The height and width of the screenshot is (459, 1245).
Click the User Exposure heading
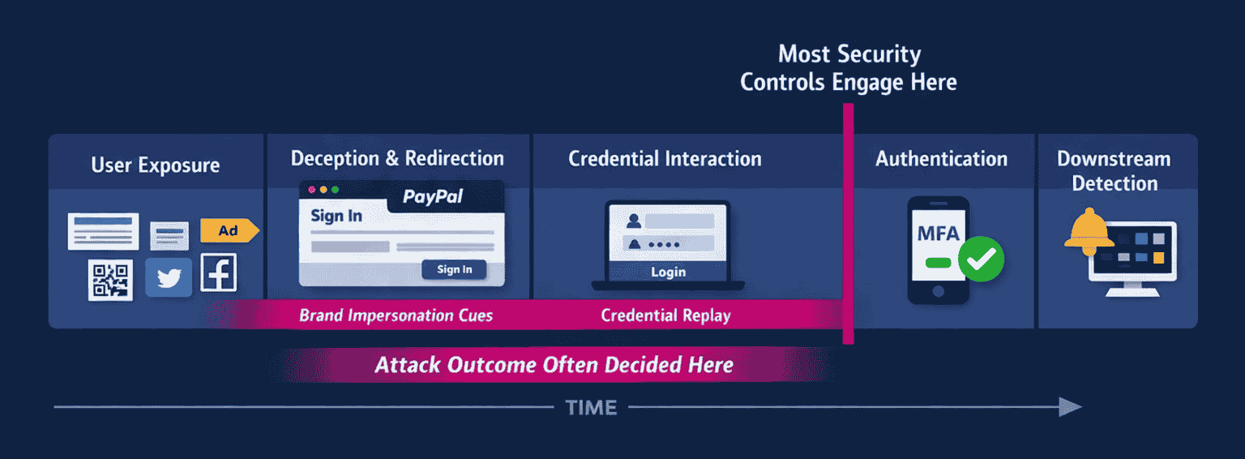point(155,165)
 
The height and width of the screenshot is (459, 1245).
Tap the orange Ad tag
point(229,231)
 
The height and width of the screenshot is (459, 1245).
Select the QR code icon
point(110,280)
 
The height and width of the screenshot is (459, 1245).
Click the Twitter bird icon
point(169,278)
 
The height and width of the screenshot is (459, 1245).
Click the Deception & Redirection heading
point(397,158)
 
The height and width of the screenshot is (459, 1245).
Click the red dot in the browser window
point(312,190)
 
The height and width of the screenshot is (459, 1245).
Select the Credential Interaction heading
point(665,158)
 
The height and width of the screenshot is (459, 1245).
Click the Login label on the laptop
point(668,272)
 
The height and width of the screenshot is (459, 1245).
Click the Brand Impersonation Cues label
point(396,315)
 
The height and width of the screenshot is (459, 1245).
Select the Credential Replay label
point(665,315)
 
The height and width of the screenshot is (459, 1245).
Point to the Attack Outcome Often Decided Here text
point(554,365)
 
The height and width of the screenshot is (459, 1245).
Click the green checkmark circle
point(981,259)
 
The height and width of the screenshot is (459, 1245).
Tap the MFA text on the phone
point(938,234)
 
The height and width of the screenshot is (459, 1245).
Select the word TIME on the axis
point(591,408)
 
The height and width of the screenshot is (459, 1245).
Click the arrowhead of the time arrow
point(1072,407)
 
